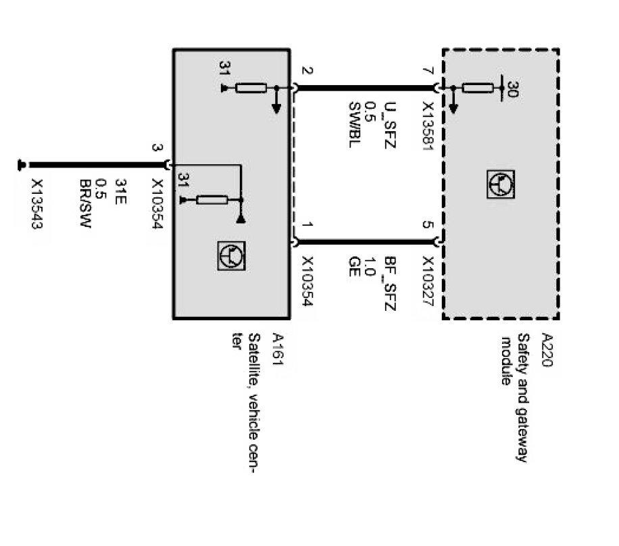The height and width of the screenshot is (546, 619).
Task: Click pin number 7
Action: click(x=426, y=70)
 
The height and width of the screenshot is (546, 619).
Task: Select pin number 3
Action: click(x=157, y=149)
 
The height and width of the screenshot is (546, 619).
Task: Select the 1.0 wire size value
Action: click(x=371, y=264)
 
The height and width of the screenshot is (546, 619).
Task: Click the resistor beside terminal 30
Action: click(x=479, y=87)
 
